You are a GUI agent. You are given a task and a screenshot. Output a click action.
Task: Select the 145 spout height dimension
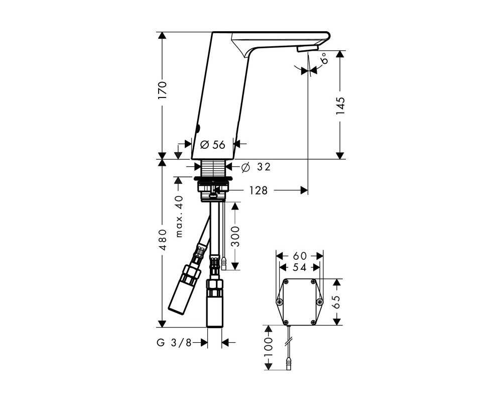coord(340,106)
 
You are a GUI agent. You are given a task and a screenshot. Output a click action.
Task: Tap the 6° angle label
coord(324,59)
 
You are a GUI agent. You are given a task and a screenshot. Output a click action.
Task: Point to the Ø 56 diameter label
coord(213,145)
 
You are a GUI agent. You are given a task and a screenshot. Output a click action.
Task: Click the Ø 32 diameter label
coord(256,167)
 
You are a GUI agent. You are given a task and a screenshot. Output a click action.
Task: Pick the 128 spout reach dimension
coord(259,191)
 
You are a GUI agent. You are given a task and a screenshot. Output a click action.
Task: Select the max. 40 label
coord(179,216)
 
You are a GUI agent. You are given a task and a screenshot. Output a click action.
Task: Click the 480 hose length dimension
coord(162,240)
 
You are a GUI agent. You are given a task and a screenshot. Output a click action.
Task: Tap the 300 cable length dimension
coord(235,236)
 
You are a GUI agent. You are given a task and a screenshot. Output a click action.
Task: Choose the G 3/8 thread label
coord(174,343)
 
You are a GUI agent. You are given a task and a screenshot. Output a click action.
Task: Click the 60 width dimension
coord(300,256)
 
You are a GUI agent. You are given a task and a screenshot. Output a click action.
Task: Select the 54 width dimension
coord(300,267)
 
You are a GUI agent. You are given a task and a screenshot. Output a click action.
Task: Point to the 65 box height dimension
coord(336,301)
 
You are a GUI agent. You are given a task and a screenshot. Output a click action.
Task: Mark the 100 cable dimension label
coord(268,347)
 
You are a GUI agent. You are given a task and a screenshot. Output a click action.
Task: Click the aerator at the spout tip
coord(307,48)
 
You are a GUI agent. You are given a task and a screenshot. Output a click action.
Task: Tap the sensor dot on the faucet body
coord(198,129)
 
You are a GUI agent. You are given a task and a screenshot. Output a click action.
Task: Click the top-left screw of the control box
coord(286,281)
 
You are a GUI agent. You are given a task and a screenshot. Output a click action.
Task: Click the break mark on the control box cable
coord(289,342)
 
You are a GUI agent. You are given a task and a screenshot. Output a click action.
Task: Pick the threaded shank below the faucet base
coord(213,167)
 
